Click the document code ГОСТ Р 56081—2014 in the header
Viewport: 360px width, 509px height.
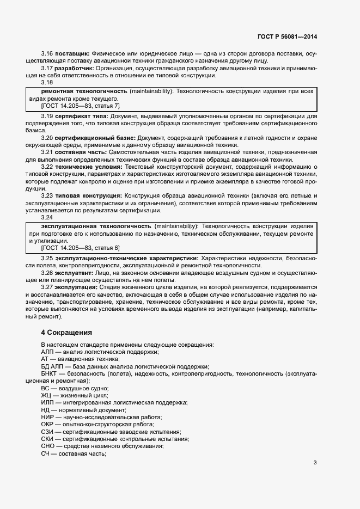(288, 36)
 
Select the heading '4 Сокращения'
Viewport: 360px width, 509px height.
(67, 332)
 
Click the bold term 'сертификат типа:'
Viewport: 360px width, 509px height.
(81, 116)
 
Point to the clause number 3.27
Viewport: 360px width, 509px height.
(47, 287)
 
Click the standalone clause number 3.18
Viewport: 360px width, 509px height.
(47, 83)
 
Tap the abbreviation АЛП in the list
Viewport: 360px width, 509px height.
(47, 352)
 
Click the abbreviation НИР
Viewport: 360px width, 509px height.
(47, 416)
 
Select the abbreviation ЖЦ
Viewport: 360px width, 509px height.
(46, 395)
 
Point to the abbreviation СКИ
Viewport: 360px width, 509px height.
(47, 438)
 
